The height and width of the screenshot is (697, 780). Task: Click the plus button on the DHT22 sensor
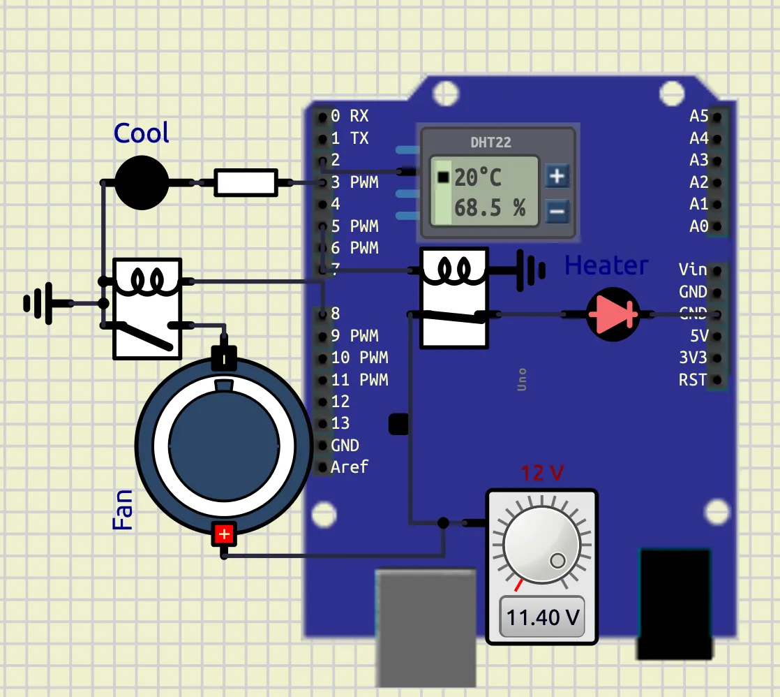pyautogui.click(x=557, y=176)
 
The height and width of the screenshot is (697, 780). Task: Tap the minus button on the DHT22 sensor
pyautogui.click(x=557, y=212)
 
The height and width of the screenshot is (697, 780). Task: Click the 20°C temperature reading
pyautogui.click(x=477, y=177)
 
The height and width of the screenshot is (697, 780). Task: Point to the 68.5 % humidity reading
pyautogui.click(x=490, y=207)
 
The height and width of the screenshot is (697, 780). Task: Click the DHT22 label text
pyautogui.click(x=491, y=142)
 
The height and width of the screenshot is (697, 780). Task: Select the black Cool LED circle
pyautogui.click(x=142, y=183)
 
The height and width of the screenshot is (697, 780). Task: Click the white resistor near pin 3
pyautogui.click(x=246, y=183)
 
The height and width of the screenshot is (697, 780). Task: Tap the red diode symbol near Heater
pyautogui.click(x=613, y=314)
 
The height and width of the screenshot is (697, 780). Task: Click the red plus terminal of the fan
pyautogui.click(x=224, y=534)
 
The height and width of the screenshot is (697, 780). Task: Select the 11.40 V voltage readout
pyautogui.click(x=542, y=617)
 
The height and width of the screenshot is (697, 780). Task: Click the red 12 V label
pyautogui.click(x=542, y=473)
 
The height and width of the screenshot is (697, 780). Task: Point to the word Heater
pyautogui.click(x=606, y=265)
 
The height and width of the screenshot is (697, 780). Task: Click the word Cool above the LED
pyautogui.click(x=141, y=133)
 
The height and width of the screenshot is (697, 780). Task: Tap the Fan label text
pyautogui.click(x=122, y=510)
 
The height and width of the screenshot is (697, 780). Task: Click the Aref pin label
pyautogui.click(x=350, y=467)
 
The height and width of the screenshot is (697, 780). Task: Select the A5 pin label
pyautogui.click(x=699, y=116)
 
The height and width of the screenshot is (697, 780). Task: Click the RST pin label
pyautogui.click(x=693, y=380)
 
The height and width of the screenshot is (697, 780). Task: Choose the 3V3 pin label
pyautogui.click(x=693, y=358)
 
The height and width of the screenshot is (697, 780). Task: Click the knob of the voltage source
pyautogui.click(x=541, y=545)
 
